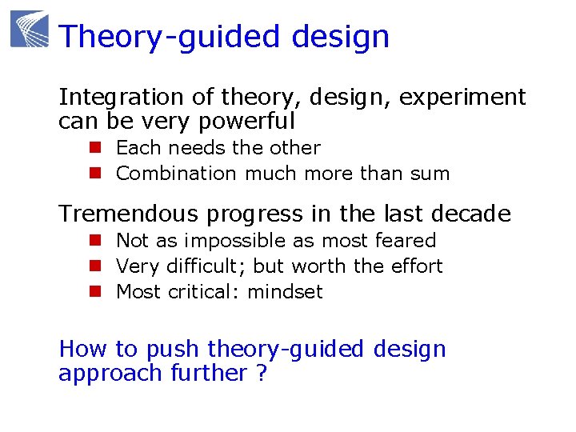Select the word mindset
click(x=285, y=292)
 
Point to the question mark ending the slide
click(x=262, y=374)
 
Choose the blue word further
click(x=209, y=374)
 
